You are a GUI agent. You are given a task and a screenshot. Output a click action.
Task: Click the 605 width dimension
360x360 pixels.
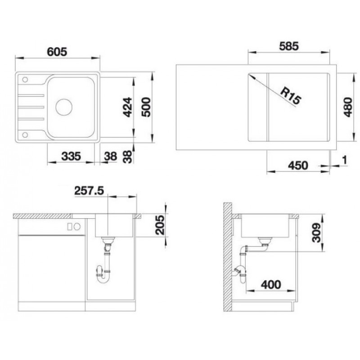tap(57, 52)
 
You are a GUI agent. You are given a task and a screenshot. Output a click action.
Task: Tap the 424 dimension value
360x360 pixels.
tap(127, 107)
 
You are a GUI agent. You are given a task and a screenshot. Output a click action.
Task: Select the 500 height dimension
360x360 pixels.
tap(146, 107)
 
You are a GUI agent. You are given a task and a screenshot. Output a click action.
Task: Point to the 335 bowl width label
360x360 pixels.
tap(71, 156)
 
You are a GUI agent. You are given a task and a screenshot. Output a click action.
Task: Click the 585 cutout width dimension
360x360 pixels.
tap(289, 46)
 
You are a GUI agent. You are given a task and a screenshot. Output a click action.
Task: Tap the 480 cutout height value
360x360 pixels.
tap(348, 107)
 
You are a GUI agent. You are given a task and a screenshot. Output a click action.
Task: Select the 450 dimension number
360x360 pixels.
tap(298, 166)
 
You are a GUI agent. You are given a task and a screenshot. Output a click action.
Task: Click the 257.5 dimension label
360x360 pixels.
tap(89, 191)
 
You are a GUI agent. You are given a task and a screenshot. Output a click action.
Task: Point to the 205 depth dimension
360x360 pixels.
tap(160, 225)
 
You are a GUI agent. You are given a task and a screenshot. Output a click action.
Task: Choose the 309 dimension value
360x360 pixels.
tap(316, 232)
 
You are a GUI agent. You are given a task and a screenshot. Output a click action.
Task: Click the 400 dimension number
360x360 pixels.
tap(271, 285)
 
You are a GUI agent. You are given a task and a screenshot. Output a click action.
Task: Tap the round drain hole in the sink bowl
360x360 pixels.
tap(64, 107)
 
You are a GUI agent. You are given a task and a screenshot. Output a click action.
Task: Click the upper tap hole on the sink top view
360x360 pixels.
tap(25, 80)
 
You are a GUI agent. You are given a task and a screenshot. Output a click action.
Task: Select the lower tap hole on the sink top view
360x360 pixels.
tap(25, 135)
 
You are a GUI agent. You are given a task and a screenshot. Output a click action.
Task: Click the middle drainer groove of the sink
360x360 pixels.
tap(31, 107)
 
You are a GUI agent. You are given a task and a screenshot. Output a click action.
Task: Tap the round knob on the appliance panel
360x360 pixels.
tap(77, 227)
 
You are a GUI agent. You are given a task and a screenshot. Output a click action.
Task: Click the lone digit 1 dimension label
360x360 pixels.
tap(344, 160)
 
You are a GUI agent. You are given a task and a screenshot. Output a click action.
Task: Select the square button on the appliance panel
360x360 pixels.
tap(70, 227)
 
